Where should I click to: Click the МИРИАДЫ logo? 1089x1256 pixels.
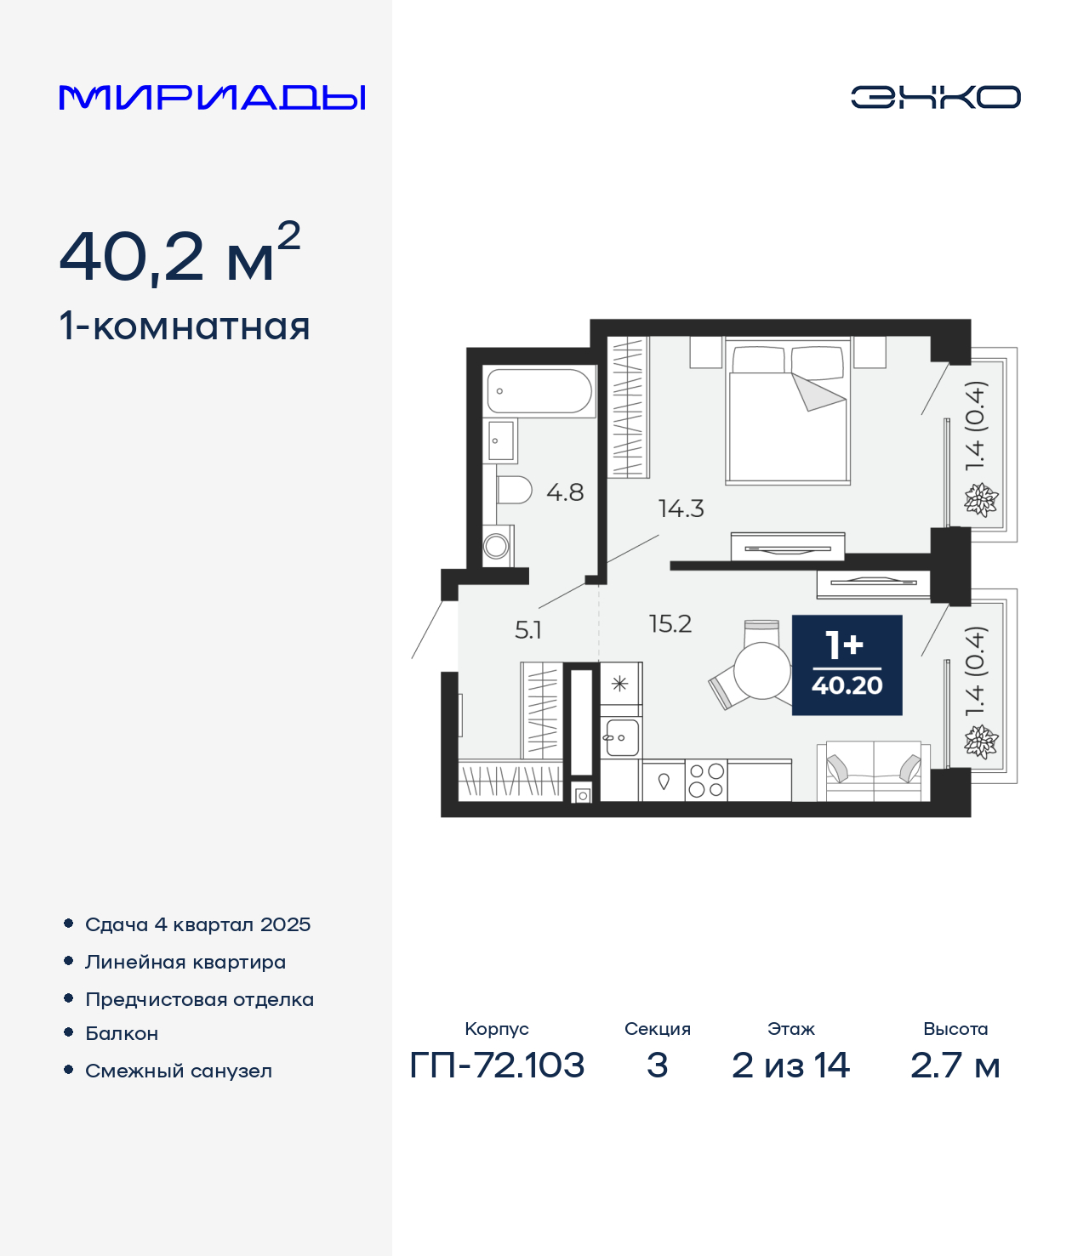[x=212, y=97]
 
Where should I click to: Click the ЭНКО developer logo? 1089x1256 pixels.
[x=935, y=97]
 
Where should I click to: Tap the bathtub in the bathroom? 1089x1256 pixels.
[x=539, y=390]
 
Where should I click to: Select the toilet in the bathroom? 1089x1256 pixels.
[x=514, y=491]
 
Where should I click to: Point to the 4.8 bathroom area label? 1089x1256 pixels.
[x=565, y=492]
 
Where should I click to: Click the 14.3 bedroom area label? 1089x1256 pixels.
[x=681, y=509]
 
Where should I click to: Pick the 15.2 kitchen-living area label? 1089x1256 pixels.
[x=670, y=624]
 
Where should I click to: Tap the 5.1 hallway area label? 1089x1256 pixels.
[x=527, y=630]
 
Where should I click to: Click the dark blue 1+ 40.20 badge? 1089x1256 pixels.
[x=847, y=665]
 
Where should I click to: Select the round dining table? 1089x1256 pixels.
[x=761, y=671]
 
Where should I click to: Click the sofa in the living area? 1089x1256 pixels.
[x=874, y=771]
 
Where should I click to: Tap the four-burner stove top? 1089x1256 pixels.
[x=706, y=780]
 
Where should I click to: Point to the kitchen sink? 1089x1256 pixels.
[x=621, y=737]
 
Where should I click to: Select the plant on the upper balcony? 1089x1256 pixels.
[x=981, y=499]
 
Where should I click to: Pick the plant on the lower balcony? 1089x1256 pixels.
[x=981, y=742]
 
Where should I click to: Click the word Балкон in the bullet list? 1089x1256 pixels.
[x=122, y=1033]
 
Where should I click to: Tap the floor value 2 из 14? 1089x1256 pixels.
[x=790, y=1066]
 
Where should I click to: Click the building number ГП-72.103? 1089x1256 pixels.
[x=497, y=1066]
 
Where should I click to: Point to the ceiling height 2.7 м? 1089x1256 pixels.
[x=955, y=1066]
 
